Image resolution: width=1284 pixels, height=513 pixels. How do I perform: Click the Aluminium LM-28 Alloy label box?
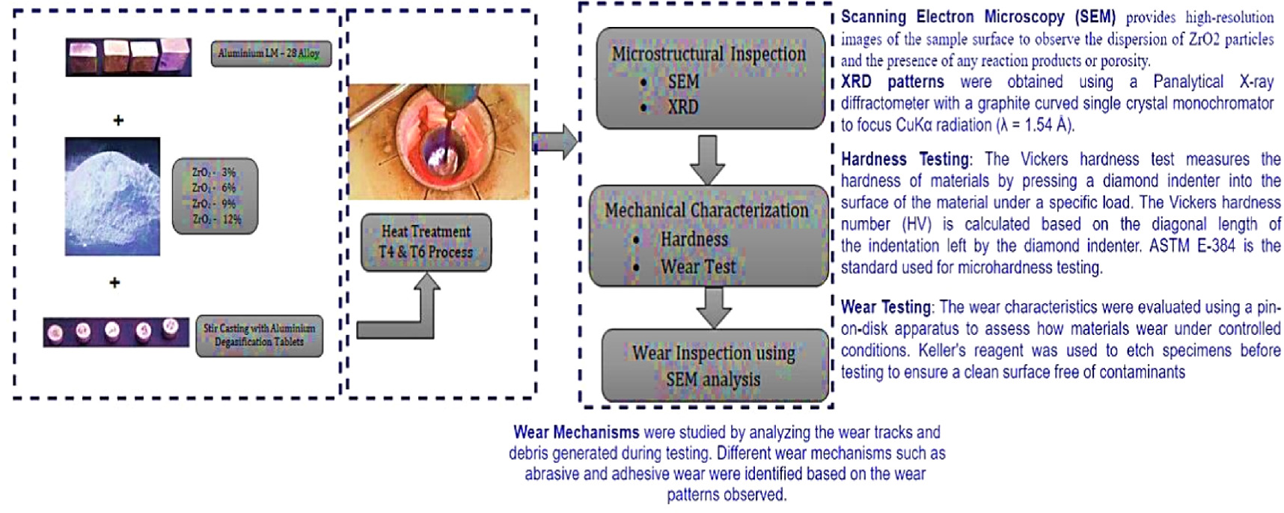(x=270, y=53)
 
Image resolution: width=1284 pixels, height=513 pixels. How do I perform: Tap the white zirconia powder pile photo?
(x=112, y=196)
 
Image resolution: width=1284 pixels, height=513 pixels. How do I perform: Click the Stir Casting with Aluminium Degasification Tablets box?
(x=259, y=335)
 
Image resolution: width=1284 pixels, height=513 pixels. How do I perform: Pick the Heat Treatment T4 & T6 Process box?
(x=426, y=242)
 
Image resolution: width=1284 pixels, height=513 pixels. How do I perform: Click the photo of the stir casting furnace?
(x=438, y=142)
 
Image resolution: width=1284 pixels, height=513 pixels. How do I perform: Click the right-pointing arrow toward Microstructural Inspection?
(x=554, y=141)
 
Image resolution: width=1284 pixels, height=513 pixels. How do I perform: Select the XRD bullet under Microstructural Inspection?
(x=682, y=107)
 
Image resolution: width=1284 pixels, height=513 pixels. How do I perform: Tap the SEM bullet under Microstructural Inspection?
(x=682, y=82)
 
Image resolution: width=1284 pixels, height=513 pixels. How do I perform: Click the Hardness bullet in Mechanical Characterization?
(x=693, y=240)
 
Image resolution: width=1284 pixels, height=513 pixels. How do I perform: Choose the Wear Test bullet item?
(x=697, y=267)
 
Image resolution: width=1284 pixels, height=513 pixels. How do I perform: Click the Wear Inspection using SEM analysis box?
(x=714, y=365)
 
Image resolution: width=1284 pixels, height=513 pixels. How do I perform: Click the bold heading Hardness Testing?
(x=905, y=160)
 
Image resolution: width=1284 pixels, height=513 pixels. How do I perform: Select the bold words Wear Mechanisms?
(x=575, y=432)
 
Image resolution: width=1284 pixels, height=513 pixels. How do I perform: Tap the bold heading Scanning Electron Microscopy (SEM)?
(x=977, y=17)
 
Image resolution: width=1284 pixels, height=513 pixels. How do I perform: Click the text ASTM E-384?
(x=1189, y=246)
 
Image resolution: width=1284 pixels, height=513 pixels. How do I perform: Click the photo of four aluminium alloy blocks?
(x=128, y=57)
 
